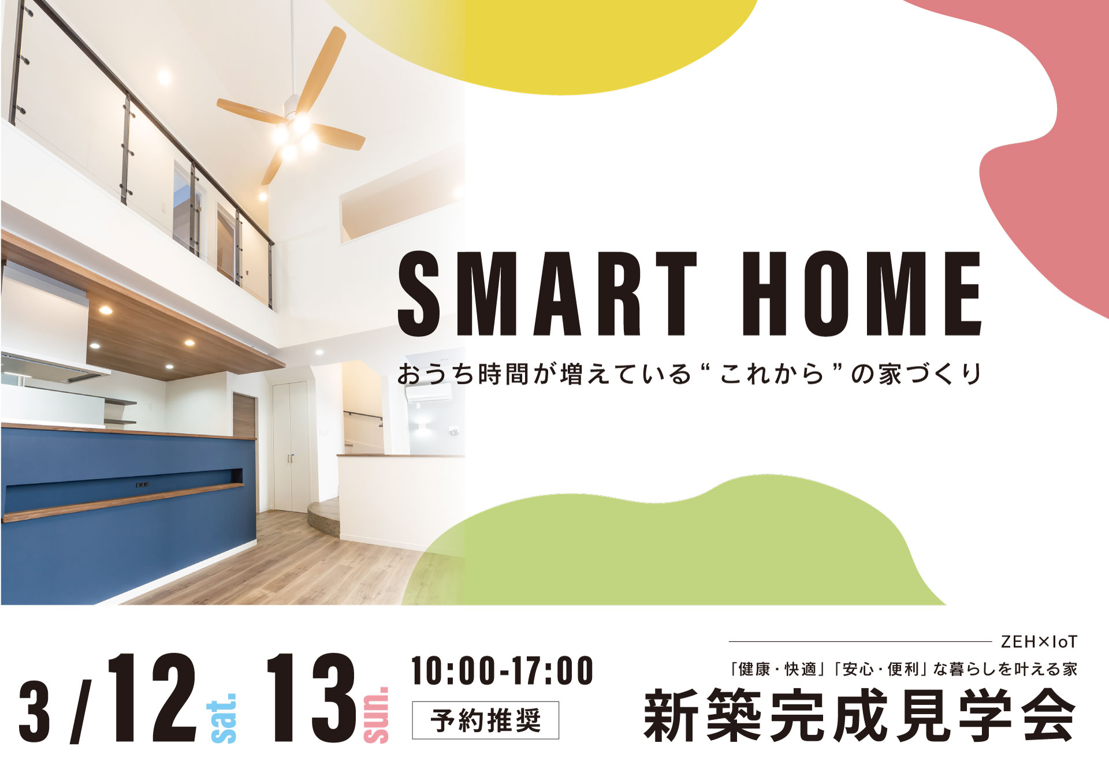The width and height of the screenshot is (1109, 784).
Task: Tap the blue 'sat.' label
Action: tap(222, 718)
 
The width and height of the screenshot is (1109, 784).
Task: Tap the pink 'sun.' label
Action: tap(376, 714)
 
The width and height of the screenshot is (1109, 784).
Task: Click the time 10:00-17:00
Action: tap(502, 670)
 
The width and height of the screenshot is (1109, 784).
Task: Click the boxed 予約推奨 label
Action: tap(485, 720)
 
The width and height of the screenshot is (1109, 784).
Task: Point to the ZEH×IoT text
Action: tap(1039, 641)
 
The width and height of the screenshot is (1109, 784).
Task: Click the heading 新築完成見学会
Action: tap(860, 715)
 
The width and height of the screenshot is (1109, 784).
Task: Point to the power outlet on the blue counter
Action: tap(142, 484)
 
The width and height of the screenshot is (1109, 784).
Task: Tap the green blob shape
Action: tap(682, 548)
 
